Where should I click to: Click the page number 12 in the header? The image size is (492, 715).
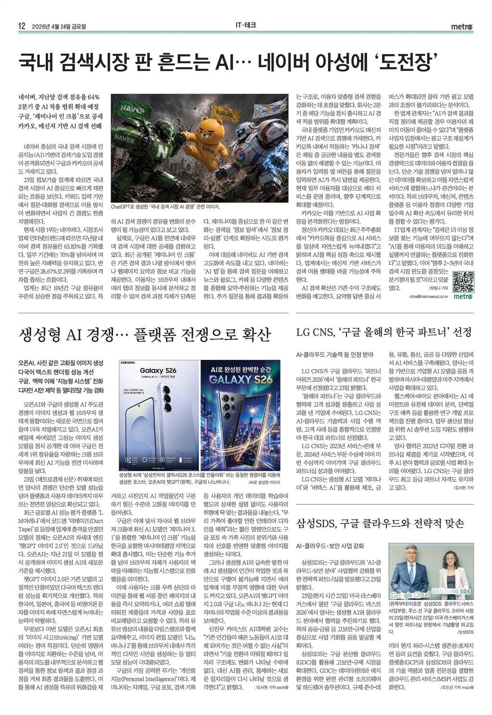pos(22,26)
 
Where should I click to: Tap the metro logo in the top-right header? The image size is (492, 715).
pos(462,27)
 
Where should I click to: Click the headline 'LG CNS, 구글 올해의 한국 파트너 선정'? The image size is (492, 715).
pos(384,332)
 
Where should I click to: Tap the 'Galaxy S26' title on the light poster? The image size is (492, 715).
pos(158,370)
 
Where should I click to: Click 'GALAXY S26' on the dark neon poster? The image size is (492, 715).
pos(241,379)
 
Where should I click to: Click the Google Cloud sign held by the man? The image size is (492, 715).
pos(410,595)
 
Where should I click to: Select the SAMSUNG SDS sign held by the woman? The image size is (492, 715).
pos(451,592)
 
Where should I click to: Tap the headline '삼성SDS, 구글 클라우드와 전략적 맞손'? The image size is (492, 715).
pos(380,523)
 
